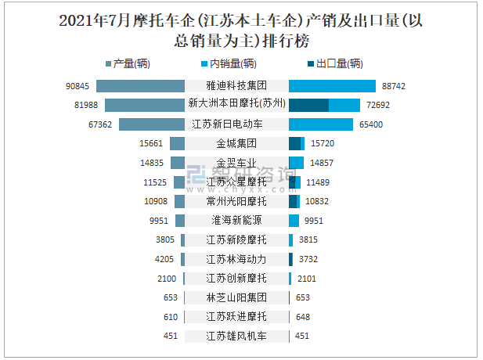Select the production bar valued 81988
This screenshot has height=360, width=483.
pyautogui.click(x=144, y=105)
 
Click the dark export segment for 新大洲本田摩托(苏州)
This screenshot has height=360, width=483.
pyautogui.click(x=308, y=105)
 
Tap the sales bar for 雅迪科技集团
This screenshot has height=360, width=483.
pyautogui.click(x=333, y=85)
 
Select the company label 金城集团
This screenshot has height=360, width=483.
pyautogui.click(x=236, y=143)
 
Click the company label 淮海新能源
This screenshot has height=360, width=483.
pyautogui.click(x=236, y=220)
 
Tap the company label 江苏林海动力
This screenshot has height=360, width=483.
pyautogui.click(x=236, y=259)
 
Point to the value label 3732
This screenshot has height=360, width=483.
pyautogui.click(x=308, y=259)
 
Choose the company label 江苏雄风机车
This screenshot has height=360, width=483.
pyautogui.click(x=236, y=337)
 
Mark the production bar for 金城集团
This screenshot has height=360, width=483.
pyautogui.click(x=177, y=143)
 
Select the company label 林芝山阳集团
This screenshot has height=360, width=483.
pyautogui.click(x=236, y=297)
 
